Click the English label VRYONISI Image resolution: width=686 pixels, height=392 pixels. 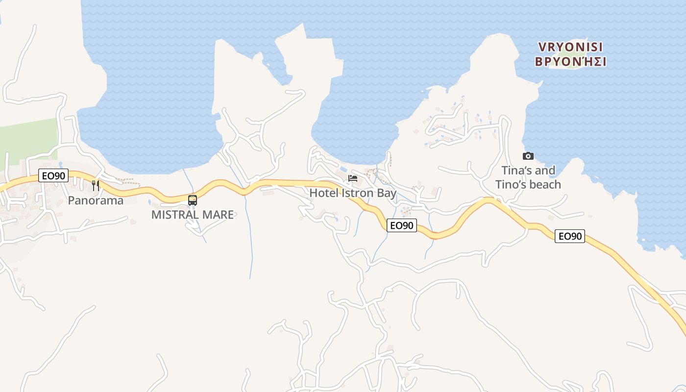tap(570, 47)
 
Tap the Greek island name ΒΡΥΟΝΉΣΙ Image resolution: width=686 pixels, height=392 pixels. tap(570, 62)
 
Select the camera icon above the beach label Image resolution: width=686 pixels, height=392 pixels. tap(528, 156)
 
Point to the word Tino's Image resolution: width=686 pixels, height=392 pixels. tap(510, 185)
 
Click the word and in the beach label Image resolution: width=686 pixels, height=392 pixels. tap(545, 171)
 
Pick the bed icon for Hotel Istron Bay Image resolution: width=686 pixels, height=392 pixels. tap(352, 178)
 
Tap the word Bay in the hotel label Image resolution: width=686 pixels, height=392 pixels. tap(386, 193)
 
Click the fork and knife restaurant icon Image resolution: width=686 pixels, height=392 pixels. tap(96, 185)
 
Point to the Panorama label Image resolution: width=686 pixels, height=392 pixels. tap(96, 200)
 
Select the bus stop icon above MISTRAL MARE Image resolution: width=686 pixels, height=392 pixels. tap(193, 200)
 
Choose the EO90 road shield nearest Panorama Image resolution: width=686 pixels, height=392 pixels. tap(53, 175)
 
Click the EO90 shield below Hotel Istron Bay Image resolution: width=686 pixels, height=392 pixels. tap(402, 225)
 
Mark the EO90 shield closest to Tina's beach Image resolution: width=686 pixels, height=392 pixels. tap(570, 236)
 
